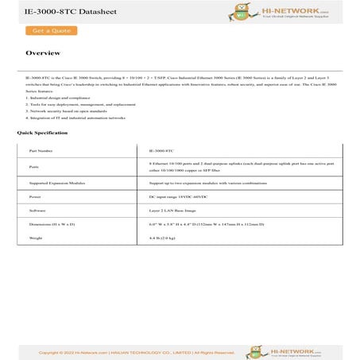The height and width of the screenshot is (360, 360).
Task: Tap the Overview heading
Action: (43, 53)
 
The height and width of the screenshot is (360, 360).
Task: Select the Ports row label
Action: (34, 167)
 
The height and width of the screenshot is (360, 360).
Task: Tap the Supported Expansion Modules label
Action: (56, 183)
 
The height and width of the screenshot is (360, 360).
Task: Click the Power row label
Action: (35, 195)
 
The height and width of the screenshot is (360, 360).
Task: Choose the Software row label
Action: (37, 211)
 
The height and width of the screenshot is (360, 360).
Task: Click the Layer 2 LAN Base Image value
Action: (172, 211)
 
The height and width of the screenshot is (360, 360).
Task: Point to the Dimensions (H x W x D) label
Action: (52, 225)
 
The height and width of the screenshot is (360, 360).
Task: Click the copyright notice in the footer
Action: (126, 352)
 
